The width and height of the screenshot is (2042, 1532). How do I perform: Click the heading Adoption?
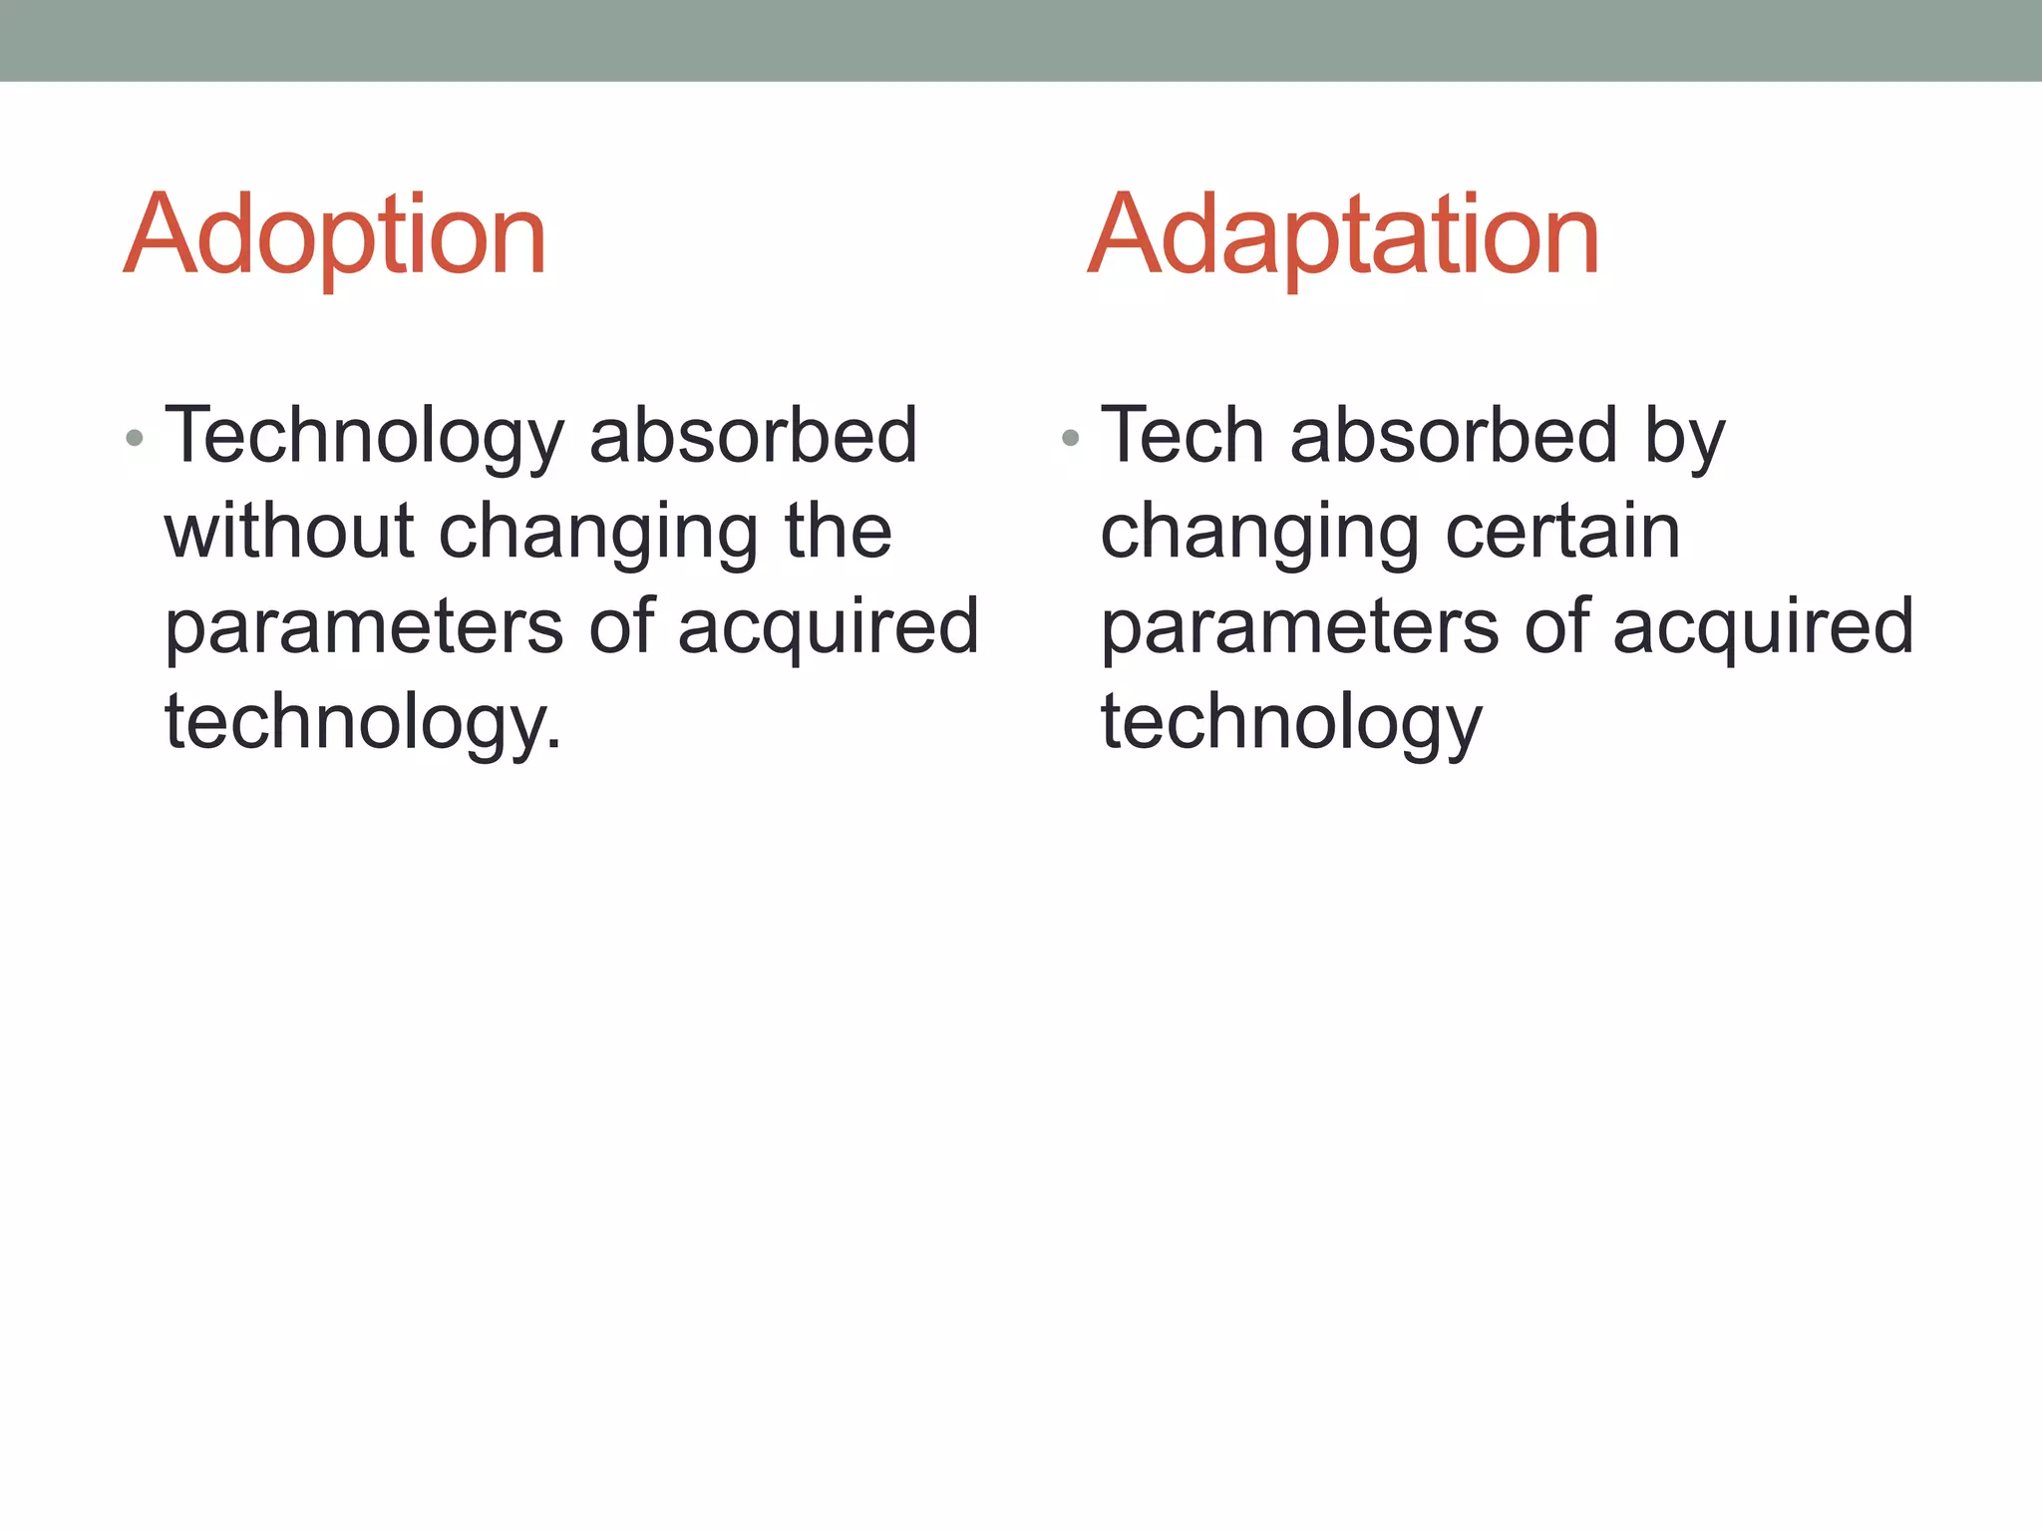point(335,237)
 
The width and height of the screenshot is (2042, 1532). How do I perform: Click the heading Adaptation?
point(1343,237)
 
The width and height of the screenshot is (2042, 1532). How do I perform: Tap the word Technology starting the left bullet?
point(364,437)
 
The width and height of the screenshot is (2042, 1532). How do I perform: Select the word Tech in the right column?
point(1182,437)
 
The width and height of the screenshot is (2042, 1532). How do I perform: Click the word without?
point(289,531)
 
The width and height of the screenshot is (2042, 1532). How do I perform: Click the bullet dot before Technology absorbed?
point(136,438)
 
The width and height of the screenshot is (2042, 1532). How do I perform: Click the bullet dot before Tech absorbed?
point(1071,438)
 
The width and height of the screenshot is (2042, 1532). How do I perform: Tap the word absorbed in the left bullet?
point(753,437)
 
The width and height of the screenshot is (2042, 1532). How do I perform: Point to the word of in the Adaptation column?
point(1555,626)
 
